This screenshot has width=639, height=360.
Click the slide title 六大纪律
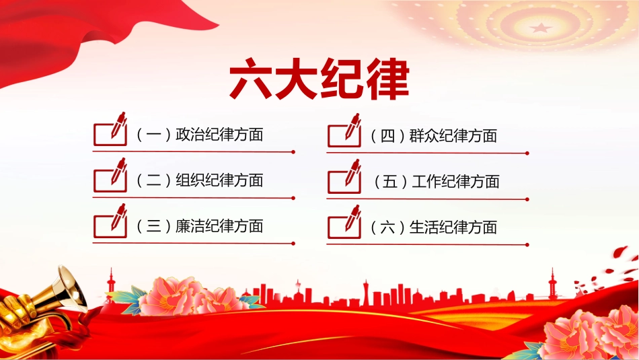[319, 79]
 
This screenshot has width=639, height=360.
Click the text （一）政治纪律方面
[199, 134]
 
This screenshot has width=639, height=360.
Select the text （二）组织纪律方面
[199, 180]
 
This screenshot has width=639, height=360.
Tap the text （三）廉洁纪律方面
[199, 226]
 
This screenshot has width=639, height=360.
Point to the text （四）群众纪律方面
[434, 136]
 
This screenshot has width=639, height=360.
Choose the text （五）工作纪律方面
[436, 182]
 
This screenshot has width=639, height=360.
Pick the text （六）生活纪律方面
[434, 227]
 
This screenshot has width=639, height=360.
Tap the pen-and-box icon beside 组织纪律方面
[110, 175]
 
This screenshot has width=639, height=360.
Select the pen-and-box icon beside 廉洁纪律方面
[110, 221]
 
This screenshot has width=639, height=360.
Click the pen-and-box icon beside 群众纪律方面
[344, 131]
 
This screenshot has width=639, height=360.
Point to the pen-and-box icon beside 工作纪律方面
[344, 176]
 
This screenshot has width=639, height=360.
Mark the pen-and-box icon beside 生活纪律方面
[344, 222]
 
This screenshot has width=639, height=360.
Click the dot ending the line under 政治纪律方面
[293, 152]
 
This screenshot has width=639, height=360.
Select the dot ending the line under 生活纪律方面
[527, 245]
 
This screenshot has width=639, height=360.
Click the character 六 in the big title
[251, 79]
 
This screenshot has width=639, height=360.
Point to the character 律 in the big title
[387, 79]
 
